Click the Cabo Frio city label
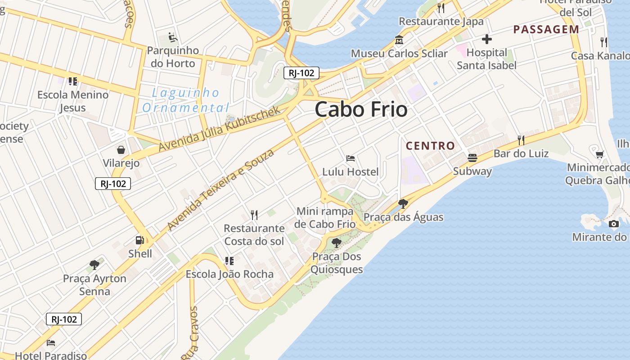pyautogui.click(x=361, y=109)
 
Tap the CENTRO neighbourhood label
pyautogui.click(x=430, y=146)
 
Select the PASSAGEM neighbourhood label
pyautogui.click(x=546, y=30)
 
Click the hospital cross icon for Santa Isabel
pyautogui.click(x=486, y=39)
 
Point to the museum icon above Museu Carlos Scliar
pyautogui.click(x=399, y=40)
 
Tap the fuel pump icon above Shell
pyautogui.click(x=140, y=240)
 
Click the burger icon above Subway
pyautogui.click(x=472, y=157)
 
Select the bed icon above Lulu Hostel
pyautogui.click(x=351, y=158)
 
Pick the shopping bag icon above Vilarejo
pyautogui.click(x=121, y=150)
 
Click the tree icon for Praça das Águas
pyautogui.click(x=403, y=204)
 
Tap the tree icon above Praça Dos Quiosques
pyautogui.click(x=336, y=243)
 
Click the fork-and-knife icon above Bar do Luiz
pyautogui.click(x=521, y=140)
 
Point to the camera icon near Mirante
pyautogui.click(x=613, y=224)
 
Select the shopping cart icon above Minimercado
pyautogui.click(x=599, y=155)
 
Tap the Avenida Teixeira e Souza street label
pyautogui.click(x=220, y=190)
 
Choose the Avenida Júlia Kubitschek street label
pyautogui.click(x=220, y=129)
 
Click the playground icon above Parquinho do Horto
pyautogui.click(x=172, y=37)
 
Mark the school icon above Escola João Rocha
pyautogui.click(x=229, y=261)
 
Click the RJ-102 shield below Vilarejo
pyautogui.click(x=113, y=184)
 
